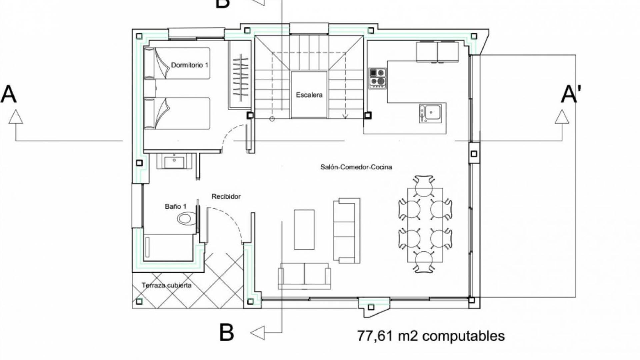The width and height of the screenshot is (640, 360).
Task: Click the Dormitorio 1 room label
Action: [x=190, y=65]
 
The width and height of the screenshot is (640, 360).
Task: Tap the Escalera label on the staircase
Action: [x=309, y=95]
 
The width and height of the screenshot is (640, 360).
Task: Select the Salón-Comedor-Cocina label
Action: [x=356, y=167]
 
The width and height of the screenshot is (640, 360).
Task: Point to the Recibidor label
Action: [x=226, y=197]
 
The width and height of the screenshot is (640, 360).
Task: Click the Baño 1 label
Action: [x=176, y=207]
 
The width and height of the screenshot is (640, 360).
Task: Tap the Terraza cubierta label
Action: [x=167, y=285]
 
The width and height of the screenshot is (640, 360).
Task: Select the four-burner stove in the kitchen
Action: [x=378, y=79]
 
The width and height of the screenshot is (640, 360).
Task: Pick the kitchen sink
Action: [x=430, y=113]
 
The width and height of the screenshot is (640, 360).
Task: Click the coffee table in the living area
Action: [x=304, y=230]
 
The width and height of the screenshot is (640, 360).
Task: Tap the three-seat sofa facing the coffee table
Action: [x=347, y=231]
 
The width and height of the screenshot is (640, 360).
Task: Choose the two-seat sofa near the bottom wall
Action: [x=304, y=276]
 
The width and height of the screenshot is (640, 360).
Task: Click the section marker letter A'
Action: [x=571, y=94]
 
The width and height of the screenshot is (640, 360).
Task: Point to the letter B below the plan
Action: [x=226, y=332]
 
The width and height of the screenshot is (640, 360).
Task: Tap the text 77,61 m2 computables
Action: [x=431, y=336]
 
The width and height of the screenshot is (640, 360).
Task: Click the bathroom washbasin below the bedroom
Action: [x=174, y=161]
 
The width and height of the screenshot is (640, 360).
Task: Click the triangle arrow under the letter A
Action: [x=16, y=117]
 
